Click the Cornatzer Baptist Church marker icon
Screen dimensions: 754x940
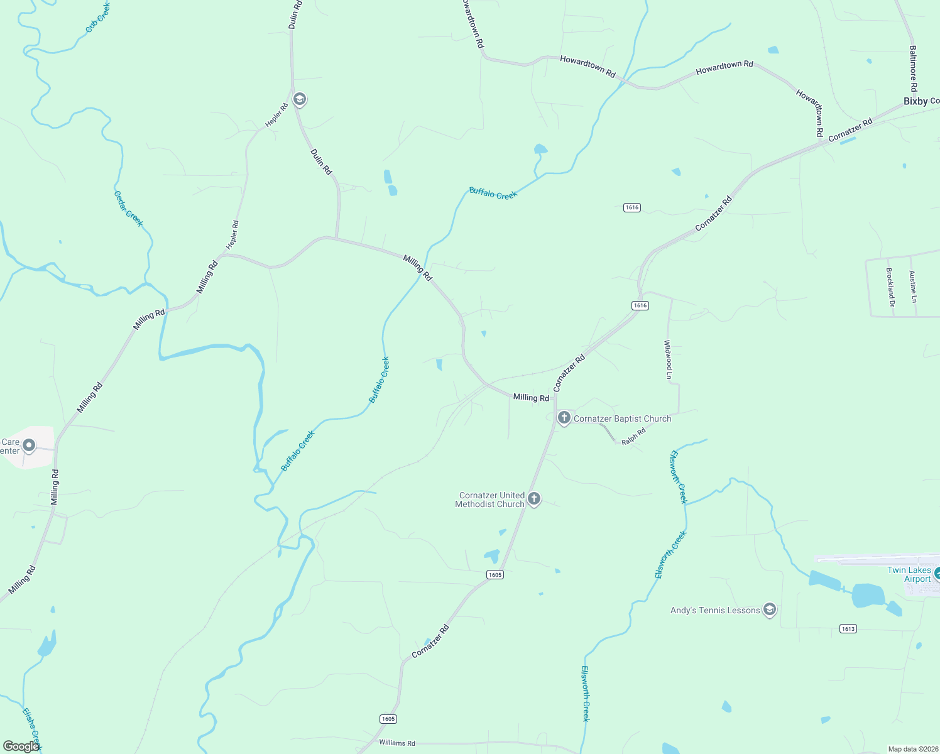pos(564,418)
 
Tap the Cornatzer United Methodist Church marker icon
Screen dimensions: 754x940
pos(533,499)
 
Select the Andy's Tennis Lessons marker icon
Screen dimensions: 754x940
pos(769,609)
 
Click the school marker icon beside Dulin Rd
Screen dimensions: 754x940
pos(300,99)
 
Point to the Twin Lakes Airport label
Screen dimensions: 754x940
pos(909,574)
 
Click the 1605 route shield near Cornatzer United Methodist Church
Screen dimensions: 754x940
pos(495,574)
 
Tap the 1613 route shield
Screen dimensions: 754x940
pos(848,628)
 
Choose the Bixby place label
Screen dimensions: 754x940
pos(915,101)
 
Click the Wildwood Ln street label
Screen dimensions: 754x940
pos(669,359)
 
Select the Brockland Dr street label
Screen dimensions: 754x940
pos(890,287)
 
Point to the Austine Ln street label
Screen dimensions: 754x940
pos(913,287)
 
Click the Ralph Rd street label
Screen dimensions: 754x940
pos(633,437)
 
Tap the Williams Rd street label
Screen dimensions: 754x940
pos(397,743)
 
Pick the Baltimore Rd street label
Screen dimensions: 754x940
pos(913,68)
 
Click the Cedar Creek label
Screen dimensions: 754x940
pos(128,209)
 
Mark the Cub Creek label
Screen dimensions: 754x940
pos(98,17)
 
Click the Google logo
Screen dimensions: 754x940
pos(21,746)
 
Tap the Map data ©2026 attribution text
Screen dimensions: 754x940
pos(912,749)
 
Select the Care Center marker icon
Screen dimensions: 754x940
pos(28,446)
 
